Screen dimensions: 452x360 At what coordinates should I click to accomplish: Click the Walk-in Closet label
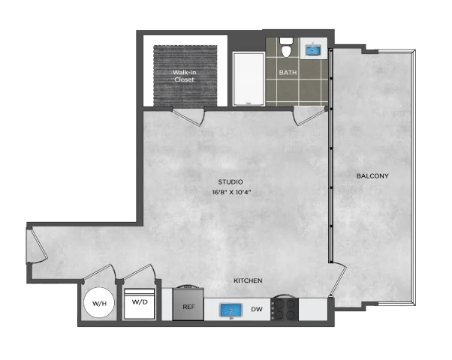(185, 76)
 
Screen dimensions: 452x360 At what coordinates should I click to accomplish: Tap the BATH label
(288, 73)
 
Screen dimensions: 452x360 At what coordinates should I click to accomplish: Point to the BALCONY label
(372, 175)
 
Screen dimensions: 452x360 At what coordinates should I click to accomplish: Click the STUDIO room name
(231, 181)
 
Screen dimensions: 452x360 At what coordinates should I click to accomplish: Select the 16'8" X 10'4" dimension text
(231, 193)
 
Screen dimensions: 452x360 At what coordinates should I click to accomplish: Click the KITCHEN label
(248, 280)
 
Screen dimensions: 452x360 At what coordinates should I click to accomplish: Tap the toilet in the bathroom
(286, 48)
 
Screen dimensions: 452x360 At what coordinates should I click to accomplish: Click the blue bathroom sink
(313, 49)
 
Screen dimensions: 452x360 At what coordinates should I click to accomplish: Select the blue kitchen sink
(231, 310)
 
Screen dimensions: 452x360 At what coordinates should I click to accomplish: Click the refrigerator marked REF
(188, 304)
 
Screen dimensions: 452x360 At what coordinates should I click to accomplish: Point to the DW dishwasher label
(257, 309)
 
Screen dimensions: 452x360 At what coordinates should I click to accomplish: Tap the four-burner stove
(285, 309)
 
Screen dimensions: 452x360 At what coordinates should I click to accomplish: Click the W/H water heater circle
(99, 303)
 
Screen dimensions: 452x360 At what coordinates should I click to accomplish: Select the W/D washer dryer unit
(140, 304)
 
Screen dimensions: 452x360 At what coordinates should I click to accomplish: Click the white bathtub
(249, 79)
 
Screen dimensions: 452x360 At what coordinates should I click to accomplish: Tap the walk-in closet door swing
(188, 117)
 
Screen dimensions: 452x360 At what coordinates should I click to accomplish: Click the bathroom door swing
(310, 115)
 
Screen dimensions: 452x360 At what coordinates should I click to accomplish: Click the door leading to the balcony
(338, 279)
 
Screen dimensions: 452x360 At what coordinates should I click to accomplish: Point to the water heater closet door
(99, 272)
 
